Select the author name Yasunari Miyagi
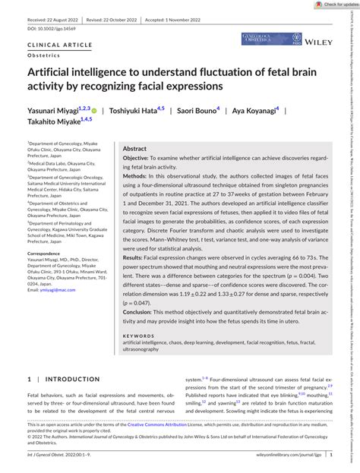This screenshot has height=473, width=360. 55,111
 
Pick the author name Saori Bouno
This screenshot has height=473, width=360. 196,111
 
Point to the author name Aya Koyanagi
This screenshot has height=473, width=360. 253,111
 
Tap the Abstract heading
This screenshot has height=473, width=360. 134,150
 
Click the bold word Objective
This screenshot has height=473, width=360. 141,159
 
